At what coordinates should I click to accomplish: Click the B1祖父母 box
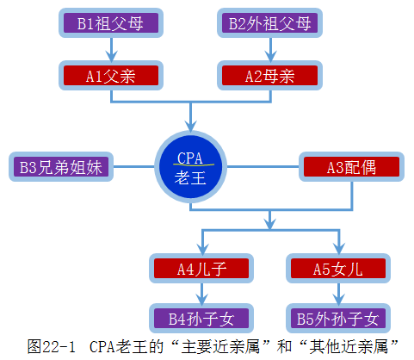tap(110, 23)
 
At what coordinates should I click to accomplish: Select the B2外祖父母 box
tap(269, 23)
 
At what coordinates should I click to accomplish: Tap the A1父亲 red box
tap(110, 76)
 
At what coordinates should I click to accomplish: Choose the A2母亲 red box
tap(269, 76)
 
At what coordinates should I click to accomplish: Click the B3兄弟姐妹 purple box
tap(61, 167)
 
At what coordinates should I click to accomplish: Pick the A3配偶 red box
tap(350, 167)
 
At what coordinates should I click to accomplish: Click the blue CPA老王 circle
tap(190, 166)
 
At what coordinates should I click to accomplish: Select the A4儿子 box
tap(201, 268)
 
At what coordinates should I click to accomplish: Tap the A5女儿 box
tap(337, 268)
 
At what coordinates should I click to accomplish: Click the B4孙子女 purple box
tap(201, 319)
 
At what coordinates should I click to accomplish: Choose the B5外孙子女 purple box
tap(337, 319)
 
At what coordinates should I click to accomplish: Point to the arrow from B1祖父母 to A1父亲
tap(110, 49)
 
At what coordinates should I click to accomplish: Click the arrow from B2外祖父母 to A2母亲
tap(269, 49)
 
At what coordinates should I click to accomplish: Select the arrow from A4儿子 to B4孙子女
tap(201, 294)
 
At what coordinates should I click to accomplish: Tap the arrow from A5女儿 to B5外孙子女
tap(337, 294)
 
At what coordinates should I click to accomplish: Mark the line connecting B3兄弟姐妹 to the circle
tap(133, 167)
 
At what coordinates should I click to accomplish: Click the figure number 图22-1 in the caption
tap(50, 346)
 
